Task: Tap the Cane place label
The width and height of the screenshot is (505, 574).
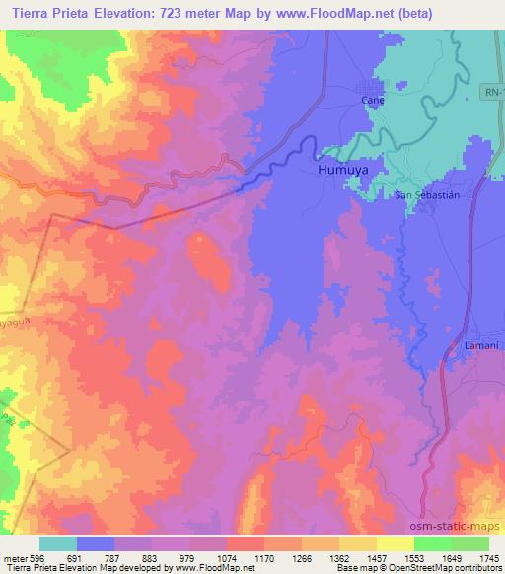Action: coord(372,101)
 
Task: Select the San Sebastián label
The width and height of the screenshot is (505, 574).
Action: coord(427,195)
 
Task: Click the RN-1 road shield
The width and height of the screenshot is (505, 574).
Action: coord(494,92)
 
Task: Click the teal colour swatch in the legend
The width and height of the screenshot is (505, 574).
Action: coord(58,543)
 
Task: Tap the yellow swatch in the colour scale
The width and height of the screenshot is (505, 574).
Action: coord(396,543)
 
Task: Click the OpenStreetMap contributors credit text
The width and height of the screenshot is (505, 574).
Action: coord(444,568)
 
